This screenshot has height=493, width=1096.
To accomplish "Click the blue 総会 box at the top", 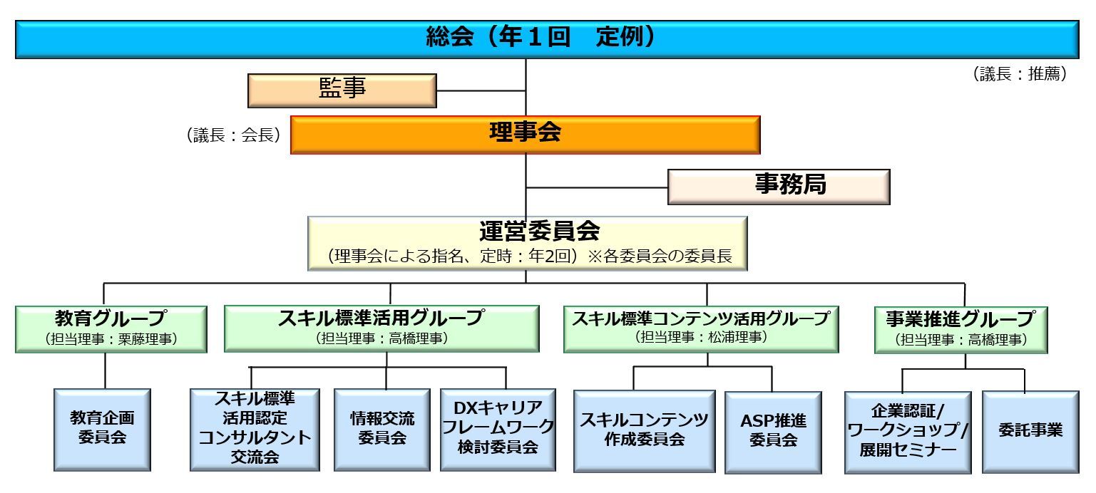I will pyautogui.click(x=547, y=39).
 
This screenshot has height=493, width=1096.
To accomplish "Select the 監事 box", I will pyautogui.click(x=342, y=90).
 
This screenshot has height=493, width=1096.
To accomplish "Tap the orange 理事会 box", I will pyautogui.click(x=525, y=134).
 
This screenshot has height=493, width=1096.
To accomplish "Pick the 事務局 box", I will pyautogui.click(x=779, y=187).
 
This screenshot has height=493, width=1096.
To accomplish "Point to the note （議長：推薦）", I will pyautogui.click(x=1020, y=74).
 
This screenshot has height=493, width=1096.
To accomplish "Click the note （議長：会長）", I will pyautogui.click(x=232, y=135).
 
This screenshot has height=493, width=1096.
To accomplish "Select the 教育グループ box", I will pyautogui.click(x=111, y=328).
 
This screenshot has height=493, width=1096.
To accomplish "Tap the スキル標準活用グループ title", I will pyautogui.click(x=381, y=318).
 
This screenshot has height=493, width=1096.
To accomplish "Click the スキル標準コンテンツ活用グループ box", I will pyautogui.click(x=701, y=328).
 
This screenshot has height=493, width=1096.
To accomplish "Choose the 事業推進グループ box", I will pyautogui.click(x=961, y=329).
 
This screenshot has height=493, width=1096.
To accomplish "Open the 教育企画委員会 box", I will pyautogui.click(x=102, y=429).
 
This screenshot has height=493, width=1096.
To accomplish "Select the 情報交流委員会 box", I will pyautogui.click(x=382, y=429).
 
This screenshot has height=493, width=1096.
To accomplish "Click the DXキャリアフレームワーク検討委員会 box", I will pyautogui.click(x=498, y=429).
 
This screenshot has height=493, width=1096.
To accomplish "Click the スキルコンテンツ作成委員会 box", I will pyautogui.click(x=644, y=430).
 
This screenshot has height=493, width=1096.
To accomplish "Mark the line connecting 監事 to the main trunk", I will pyautogui.click(x=481, y=91).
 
